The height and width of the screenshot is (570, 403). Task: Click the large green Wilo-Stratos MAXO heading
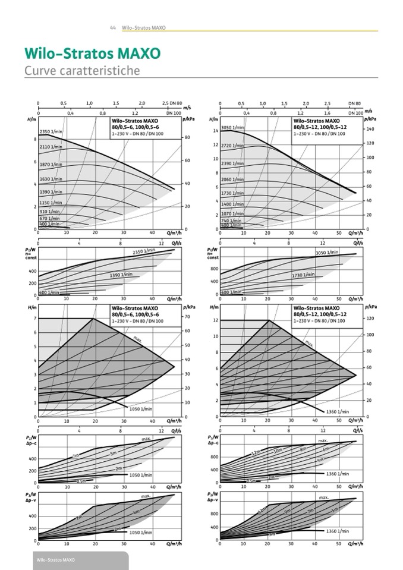click(x=92, y=53)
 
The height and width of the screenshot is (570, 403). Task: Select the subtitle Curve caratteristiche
click(x=82, y=71)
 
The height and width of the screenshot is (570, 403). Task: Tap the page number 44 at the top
click(x=113, y=28)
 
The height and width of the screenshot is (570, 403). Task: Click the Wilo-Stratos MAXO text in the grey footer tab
click(x=56, y=560)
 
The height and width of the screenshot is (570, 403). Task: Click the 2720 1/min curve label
click(x=232, y=146)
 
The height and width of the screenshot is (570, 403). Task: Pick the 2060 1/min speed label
click(x=232, y=179)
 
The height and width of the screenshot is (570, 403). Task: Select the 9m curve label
click(x=288, y=511)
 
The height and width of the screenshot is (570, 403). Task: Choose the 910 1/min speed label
click(x=50, y=211)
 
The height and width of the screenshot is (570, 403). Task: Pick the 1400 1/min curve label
click(x=232, y=204)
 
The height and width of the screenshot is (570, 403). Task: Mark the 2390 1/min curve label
click(x=232, y=163)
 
